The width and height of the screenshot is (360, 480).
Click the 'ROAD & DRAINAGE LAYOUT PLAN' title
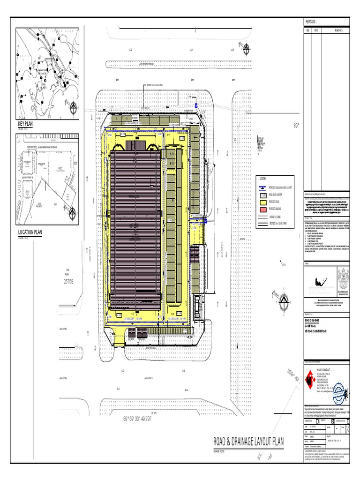pos(248,442)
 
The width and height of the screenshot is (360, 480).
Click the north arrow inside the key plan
pos(74,109)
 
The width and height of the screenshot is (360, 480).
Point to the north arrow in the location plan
pos(72,213)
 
